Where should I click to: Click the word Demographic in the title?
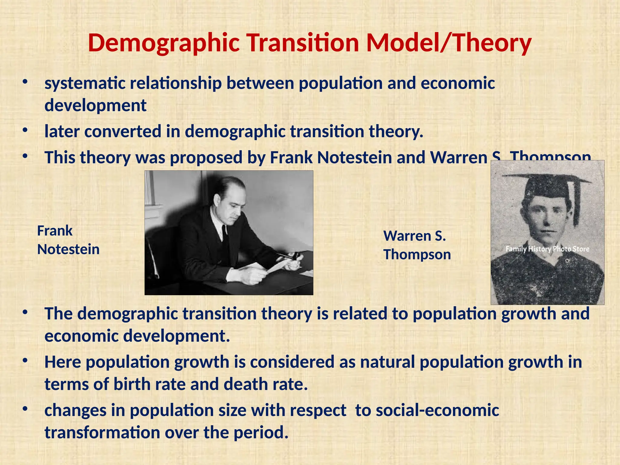(164, 43)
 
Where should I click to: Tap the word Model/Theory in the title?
(449, 43)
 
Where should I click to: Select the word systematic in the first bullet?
(85, 83)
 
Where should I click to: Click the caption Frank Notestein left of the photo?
(68, 240)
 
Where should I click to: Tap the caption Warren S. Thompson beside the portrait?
(417, 245)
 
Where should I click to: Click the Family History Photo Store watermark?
(547, 249)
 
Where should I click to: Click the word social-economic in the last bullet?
(427, 411)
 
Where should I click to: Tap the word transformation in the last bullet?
(102, 432)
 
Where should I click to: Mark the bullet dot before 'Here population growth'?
(25, 361)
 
